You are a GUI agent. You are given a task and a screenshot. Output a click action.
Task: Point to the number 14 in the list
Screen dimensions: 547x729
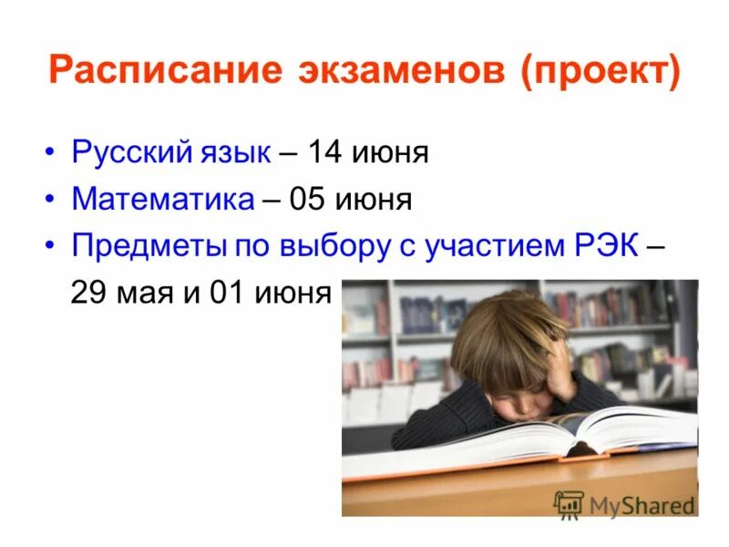(x=324, y=152)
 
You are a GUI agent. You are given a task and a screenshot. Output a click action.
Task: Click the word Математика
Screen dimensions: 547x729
(x=163, y=199)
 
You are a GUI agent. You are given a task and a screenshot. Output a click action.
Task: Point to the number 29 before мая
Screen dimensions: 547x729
(x=91, y=294)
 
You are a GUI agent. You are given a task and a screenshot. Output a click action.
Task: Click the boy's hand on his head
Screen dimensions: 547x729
(x=559, y=368)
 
